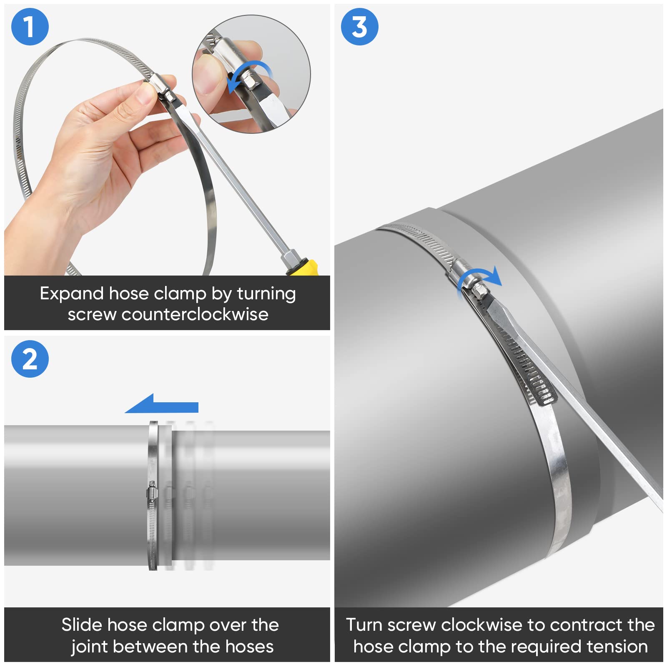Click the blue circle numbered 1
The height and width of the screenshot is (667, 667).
(30, 27)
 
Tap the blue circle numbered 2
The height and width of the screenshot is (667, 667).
(30, 359)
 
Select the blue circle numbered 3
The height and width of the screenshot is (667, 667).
(359, 27)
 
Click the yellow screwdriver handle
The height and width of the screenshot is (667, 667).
(304, 268)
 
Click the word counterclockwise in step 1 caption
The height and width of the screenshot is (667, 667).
(195, 314)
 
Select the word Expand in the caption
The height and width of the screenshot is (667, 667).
(71, 293)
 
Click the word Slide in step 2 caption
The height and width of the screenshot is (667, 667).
(81, 625)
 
